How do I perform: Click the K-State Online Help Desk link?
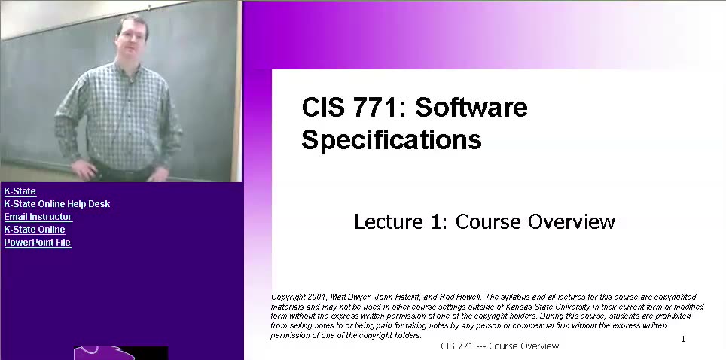57,204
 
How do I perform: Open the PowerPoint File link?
38,243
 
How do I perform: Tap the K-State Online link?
35,230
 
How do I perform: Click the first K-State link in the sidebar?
20,191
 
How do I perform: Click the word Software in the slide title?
471,108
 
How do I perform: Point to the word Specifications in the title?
391,140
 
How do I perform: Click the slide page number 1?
683,339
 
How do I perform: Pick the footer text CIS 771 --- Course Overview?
499,346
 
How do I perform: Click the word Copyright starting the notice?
288,297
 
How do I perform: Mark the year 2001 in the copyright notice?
317,297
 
